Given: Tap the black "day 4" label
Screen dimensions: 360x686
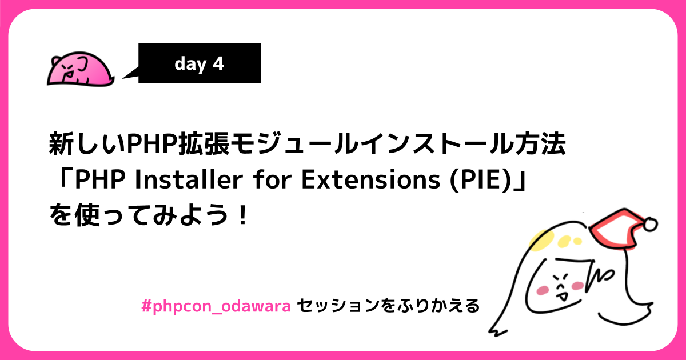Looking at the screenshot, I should [200, 63].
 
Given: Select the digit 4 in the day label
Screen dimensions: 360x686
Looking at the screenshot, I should [218, 63].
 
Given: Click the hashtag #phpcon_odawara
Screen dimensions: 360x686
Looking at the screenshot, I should [217, 306].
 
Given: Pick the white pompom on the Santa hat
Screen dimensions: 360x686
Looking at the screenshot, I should [651, 225].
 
